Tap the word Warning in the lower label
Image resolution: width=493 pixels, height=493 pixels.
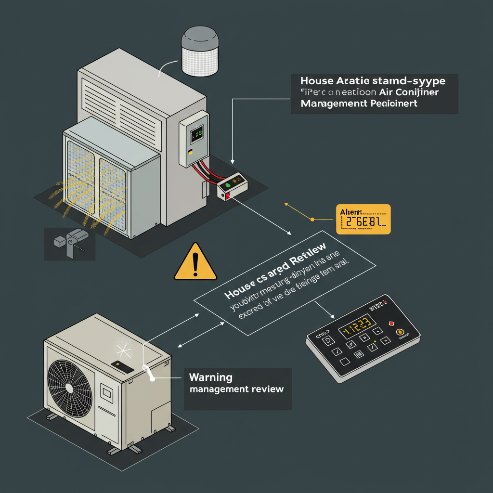pyautogui.click(x=211, y=376)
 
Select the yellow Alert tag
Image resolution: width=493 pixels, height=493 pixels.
pyautogui.click(x=363, y=219)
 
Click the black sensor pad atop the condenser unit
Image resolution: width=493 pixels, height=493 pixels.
pyautogui.click(x=122, y=366)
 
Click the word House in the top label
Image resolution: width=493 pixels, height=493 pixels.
pyautogui.click(x=316, y=80)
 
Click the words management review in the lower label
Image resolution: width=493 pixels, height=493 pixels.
pyautogui.click(x=236, y=389)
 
